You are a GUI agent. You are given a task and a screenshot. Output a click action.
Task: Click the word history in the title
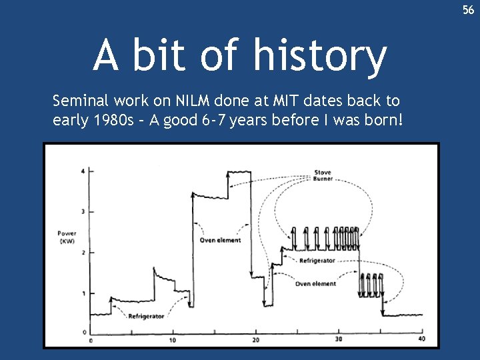click(x=319, y=55)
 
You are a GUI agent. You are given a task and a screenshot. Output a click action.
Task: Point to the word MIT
click(x=286, y=101)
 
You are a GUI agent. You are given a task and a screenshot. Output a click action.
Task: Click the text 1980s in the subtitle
click(x=115, y=121)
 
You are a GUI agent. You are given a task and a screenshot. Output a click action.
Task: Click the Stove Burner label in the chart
click(x=323, y=176)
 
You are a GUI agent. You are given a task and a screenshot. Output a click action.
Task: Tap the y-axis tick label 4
click(x=83, y=171)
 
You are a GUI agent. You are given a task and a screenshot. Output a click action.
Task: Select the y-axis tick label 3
click(x=83, y=212)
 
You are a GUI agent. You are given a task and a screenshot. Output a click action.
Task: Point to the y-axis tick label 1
click(x=83, y=294)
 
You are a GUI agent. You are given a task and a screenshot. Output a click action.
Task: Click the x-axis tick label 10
click(x=173, y=341)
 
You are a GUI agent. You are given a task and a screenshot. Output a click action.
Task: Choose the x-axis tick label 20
click(x=256, y=341)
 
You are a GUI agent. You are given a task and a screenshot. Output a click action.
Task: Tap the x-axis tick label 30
click(x=339, y=341)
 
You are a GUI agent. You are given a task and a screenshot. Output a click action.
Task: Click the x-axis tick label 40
click(x=421, y=341)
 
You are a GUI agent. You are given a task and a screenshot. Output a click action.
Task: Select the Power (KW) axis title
click(x=67, y=237)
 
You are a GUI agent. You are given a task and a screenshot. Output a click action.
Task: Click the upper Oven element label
click(x=220, y=240)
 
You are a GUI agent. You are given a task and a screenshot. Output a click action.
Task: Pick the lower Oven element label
click(x=315, y=284)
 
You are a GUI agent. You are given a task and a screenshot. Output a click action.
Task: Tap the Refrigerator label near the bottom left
click(x=146, y=315)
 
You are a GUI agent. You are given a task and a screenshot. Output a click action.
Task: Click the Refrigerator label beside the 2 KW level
click(x=317, y=260)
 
